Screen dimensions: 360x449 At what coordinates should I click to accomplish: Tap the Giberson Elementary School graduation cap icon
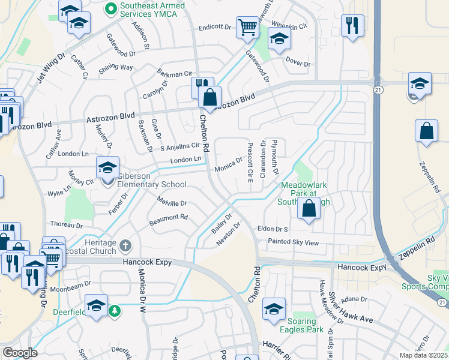tap(108, 168)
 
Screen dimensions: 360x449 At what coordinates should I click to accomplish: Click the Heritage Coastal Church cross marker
tap(125, 245)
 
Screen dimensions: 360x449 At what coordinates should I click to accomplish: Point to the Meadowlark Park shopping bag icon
tap(309, 209)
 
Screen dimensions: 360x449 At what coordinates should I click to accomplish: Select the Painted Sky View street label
tap(294, 242)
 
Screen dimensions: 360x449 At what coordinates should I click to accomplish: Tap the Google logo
tap(20, 353)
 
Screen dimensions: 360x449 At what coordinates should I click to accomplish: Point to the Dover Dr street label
tap(298, 64)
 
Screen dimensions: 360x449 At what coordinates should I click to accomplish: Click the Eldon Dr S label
tap(273, 229)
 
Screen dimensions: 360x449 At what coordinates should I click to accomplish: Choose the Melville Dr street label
tap(172, 203)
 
